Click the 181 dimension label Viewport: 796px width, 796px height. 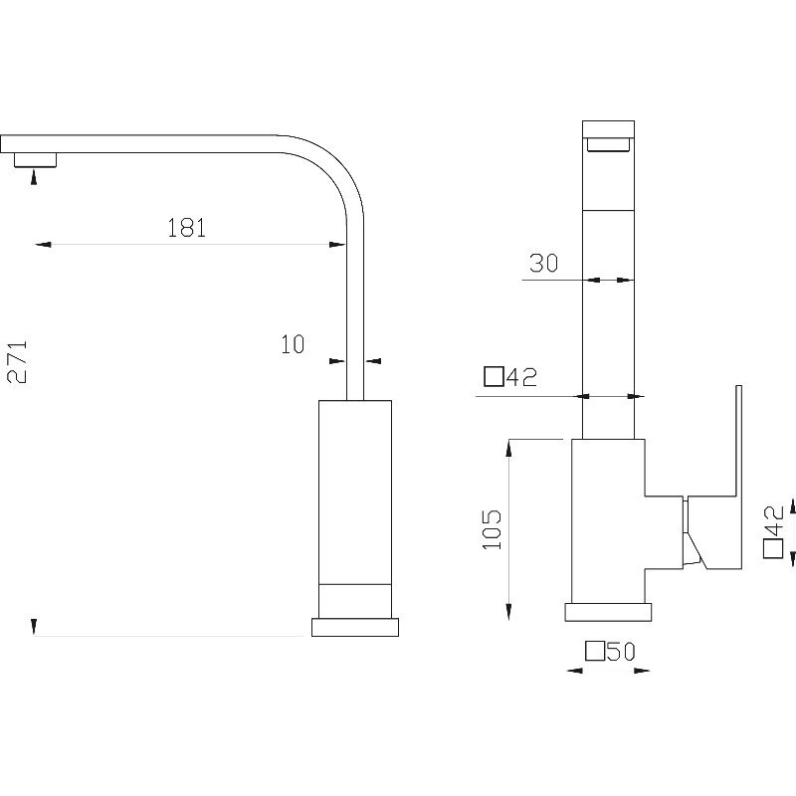[187, 228]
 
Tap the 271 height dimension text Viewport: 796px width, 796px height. [17, 362]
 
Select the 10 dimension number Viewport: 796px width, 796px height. [293, 344]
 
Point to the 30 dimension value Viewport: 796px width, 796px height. [543, 263]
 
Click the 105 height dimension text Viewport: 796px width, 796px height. [492, 529]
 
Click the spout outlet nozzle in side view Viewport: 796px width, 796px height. [35, 159]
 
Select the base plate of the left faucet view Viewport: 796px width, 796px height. [355, 627]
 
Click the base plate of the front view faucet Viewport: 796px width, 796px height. [608, 612]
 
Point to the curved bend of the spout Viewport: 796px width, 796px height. [330, 167]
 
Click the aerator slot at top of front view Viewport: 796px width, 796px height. [608, 144]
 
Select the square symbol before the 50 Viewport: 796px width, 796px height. [595, 652]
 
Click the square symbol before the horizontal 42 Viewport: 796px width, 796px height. [494, 377]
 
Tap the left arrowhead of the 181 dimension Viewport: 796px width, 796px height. [43, 245]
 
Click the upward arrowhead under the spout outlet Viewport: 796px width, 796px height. [34, 177]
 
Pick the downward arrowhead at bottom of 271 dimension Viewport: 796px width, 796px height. [34, 627]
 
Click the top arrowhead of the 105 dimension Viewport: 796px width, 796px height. [508, 448]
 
